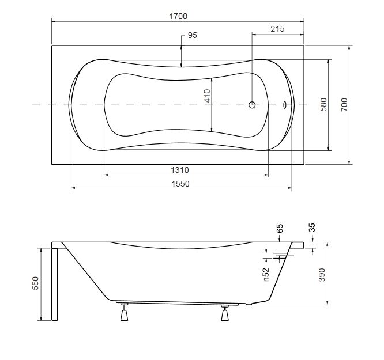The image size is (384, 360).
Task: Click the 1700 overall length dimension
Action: pyautogui.click(x=178, y=16)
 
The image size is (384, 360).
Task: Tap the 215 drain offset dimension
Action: pyautogui.click(x=277, y=29)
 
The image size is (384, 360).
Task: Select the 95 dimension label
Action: pyautogui.click(x=193, y=35)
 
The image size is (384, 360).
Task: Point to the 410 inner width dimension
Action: pyautogui.click(x=207, y=96)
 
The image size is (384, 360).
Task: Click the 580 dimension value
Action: pyautogui.click(x=324, y=104)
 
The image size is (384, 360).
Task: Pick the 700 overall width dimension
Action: pyautogui.click(x=344, y=104)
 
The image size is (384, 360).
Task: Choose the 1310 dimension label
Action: pyautogui.click(x=180, y=170)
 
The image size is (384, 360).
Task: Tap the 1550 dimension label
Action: pyautogui.click(x=180, y=184)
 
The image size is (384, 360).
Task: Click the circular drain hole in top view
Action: pyautogui.click(x=252, y=105)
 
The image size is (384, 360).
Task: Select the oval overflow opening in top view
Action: pyautogui.click(x=285, y=105)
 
